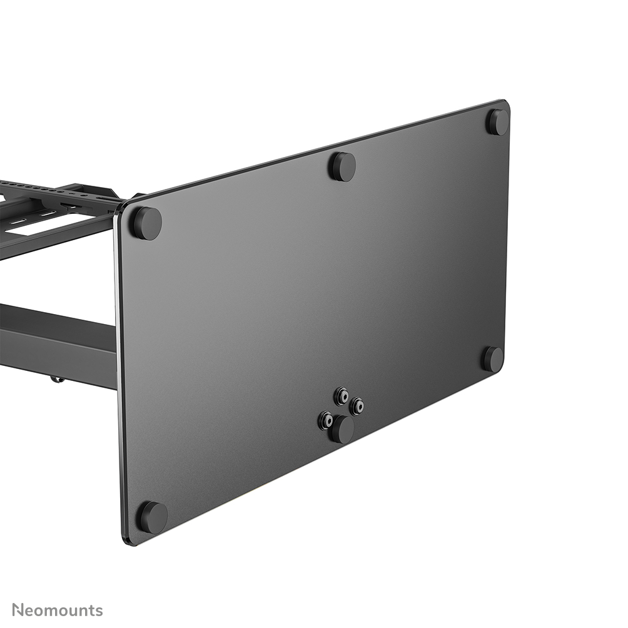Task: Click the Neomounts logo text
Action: tap(57, 610)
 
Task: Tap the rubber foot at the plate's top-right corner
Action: tap(498, 122)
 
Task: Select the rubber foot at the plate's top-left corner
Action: tap(146, 223)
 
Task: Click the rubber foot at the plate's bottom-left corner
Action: tap(153, 517)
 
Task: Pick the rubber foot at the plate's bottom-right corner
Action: tap(493, 359)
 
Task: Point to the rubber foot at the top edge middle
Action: tap(343, 166)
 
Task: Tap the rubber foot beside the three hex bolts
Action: tap(342, 430)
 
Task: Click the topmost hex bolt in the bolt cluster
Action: tap(342, 395)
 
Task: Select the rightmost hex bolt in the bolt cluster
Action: tap(357, 407)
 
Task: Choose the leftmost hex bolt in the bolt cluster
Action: tap(326, 420)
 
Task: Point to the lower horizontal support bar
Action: tap(56, 341)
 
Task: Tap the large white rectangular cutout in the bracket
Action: tap(38, 226)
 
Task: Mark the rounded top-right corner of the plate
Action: tap(504, 105)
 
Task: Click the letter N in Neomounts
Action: tap(18, 610)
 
